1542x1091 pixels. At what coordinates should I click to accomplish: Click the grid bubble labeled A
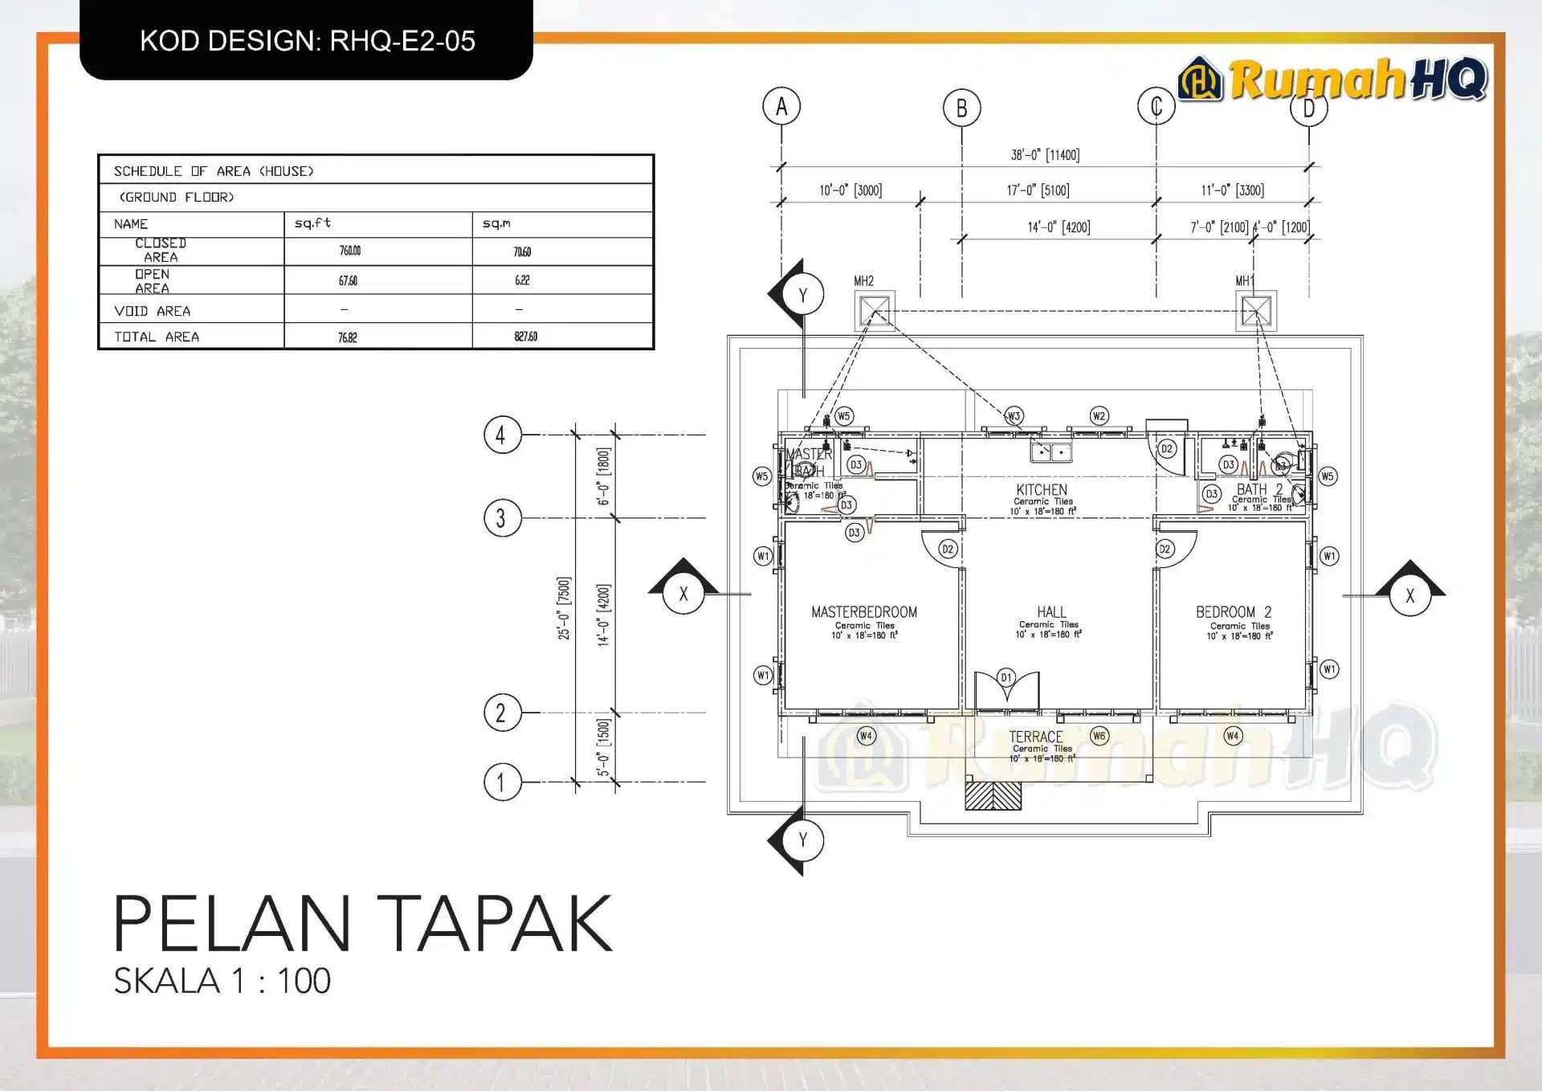[x=781, y=106]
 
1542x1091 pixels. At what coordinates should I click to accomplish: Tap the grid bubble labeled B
[x=961, y=108]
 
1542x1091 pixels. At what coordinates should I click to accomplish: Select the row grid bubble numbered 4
[x=502, y=435]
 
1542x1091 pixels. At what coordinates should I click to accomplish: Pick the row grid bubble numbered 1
[x=502, y=782]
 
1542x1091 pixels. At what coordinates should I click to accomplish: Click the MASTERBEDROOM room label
[x=864, y=612]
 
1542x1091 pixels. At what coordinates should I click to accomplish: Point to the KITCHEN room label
[x=1042, y=490]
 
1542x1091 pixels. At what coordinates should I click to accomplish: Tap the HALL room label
[x=1051, y=612]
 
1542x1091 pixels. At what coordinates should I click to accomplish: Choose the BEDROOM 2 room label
[x=1234, y=612]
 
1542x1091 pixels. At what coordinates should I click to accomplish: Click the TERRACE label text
[x=1036, y=737]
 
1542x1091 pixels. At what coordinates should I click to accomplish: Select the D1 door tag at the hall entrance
[x=1006, y=677]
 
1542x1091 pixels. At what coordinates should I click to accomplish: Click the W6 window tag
[x=1099, y=735]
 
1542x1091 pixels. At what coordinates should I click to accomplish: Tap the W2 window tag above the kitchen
[x=1099, y=415]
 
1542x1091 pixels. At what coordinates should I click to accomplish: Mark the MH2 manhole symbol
[x=875, y=310]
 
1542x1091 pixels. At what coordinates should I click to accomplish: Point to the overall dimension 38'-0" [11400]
[x=1045, y=155]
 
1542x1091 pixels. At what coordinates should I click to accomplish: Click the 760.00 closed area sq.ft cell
[x=349, y=251]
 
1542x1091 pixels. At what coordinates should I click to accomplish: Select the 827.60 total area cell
[x=525, y=337]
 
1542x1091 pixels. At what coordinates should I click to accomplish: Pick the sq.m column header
[x=496, y=223]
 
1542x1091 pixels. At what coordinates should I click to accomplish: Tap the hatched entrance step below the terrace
[x=993, y=795]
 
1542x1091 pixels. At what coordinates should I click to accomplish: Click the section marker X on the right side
[x=1410, y=596]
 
